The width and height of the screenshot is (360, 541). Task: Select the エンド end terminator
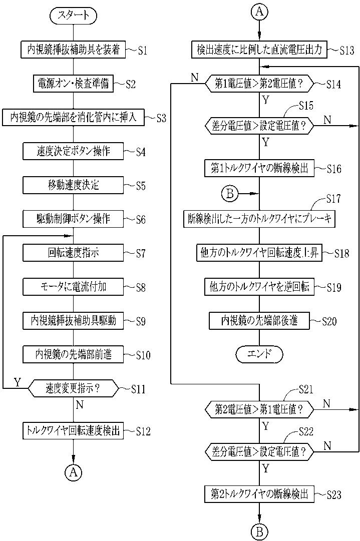click(x=259, y=354)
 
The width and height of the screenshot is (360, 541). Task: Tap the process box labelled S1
click(x=73, y=50)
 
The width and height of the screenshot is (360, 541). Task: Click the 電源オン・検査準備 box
click(x=73, y=83)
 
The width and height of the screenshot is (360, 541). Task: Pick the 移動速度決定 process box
click(x=73, y=185)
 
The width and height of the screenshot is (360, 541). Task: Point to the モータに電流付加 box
click(x=73, y=287)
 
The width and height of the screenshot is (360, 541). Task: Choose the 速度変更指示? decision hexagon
click(x=73, y=389)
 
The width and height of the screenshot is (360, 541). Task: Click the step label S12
click(x=143, y=431)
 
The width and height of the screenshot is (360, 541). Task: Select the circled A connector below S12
click(x=73, y=472)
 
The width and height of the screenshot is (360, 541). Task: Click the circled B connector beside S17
click(x=230, y=194)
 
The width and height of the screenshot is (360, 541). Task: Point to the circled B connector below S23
click(x=259, y=531)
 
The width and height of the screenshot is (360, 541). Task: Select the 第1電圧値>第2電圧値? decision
click(x=259, y=84)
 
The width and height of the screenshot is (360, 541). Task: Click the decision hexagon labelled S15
click(x=259, y=126)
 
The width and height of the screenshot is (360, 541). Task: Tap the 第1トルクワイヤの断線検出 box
click(x=259, y=168)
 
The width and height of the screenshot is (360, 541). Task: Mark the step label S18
click(x=341, y=254)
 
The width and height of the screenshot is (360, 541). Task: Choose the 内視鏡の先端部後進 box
click(x=259, y=321)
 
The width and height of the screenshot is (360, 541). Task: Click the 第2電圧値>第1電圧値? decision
click(x=259, y=409)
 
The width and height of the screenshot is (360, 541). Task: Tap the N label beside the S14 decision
click(x=194, y=77)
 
